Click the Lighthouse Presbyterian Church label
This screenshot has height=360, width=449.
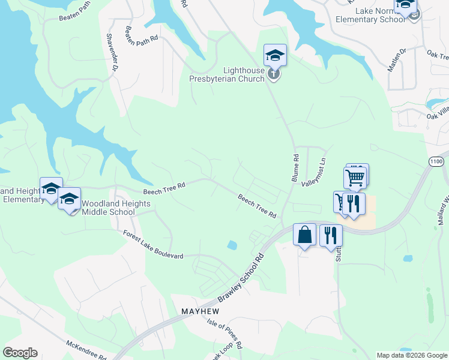point(227,74)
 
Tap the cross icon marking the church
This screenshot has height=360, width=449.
point(274,75)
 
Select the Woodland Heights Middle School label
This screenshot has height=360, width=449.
point(116,208)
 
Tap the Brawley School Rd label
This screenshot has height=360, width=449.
point(241,278)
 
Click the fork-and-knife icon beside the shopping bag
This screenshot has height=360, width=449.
point(330,235)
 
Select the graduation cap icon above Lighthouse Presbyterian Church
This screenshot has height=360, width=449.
point(275,56)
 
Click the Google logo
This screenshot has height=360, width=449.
point(20,353)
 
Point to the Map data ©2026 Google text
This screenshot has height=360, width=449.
point(412,355)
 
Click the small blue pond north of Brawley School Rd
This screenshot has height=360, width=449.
point(232,245)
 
